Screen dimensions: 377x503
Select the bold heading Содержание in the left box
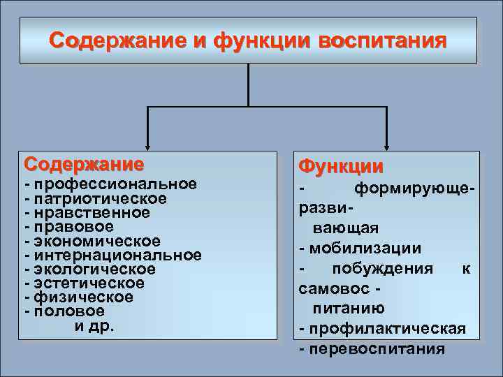(84, 165)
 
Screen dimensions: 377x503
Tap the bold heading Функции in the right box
(341, 166)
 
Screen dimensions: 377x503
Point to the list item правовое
(74, 226)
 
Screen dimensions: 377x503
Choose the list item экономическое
(98, 241)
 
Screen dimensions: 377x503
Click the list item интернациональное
(118, 255)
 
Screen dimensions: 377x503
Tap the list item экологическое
(95, 269)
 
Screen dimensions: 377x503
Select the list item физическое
(84, 297)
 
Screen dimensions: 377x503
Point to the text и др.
(94, 325)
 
